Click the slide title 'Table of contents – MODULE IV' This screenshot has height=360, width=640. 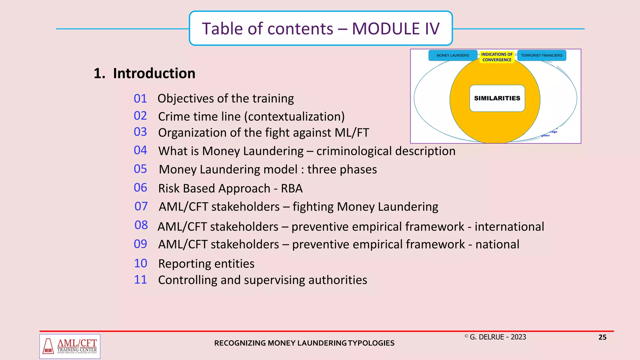point(321,28)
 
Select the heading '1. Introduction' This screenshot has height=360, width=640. point(145,73)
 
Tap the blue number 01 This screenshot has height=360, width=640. point(140,99)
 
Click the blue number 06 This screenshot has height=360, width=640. point(140,188)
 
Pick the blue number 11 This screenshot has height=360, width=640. point(140,280)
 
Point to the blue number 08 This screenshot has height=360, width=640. point(141,225)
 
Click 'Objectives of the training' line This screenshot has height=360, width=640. point(226,99)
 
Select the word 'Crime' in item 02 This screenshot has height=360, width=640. point(172,117)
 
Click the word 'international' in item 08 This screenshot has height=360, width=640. point(509,227)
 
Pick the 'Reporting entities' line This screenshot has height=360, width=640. point(206,264)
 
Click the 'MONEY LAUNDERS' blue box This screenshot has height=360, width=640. point(452,55)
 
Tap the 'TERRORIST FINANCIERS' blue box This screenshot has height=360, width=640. point(542,55)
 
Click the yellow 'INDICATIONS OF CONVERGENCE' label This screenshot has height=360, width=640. point(497,57)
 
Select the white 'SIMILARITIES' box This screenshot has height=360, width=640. point(497,98)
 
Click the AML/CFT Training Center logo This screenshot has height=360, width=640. point(70,346)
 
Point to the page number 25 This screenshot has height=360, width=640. point(602,337)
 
